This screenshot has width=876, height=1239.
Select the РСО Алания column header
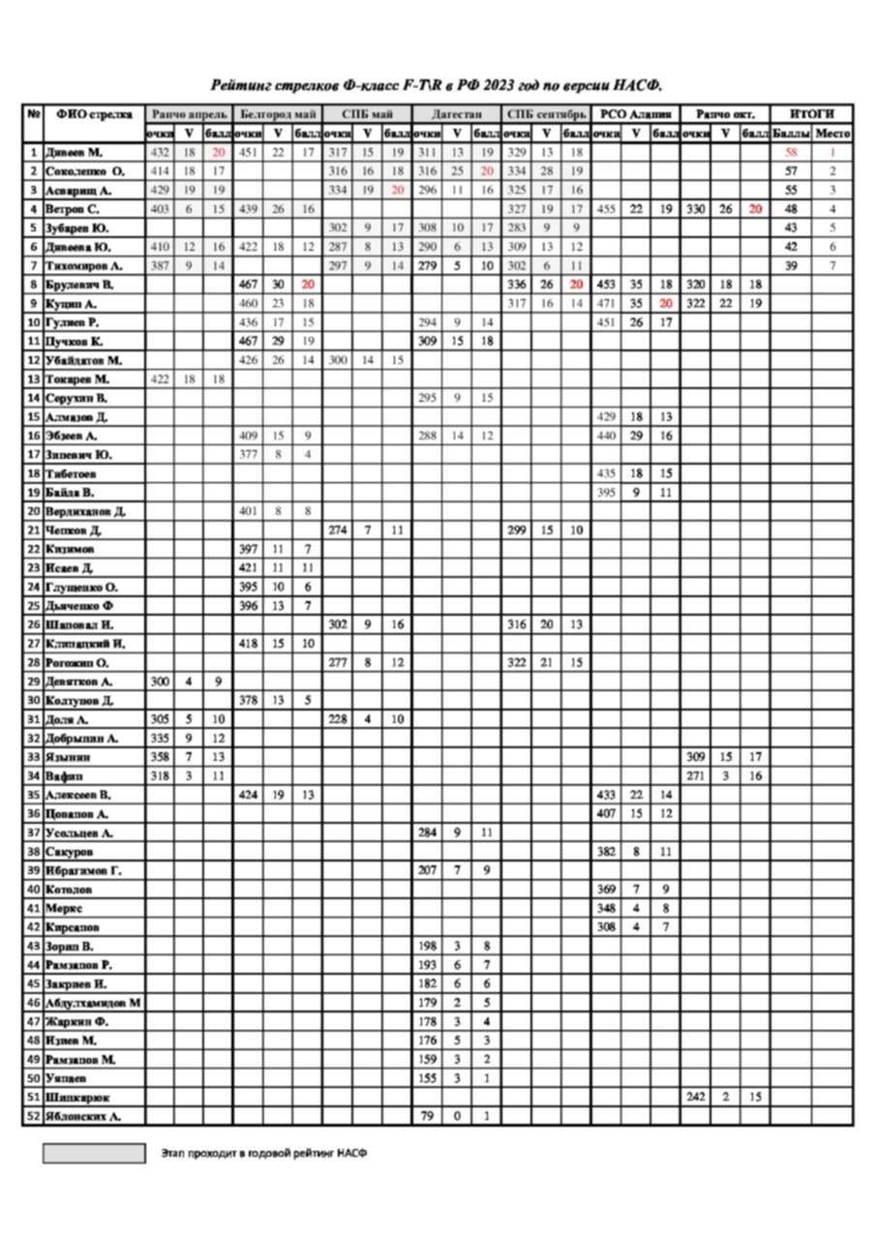pos(636,113)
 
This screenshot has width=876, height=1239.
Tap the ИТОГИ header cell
pos(811,113)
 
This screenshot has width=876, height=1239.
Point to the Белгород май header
pos(278,113)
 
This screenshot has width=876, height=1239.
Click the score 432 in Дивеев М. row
pos(160,153)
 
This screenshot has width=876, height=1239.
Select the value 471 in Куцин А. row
pos(606,303)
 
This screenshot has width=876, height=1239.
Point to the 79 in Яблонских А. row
pos(427,1116)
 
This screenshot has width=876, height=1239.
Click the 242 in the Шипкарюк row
pos(695,1097)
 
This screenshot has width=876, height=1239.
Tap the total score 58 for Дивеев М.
pos(791,153)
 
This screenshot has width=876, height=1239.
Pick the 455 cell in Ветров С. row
pos(606,209)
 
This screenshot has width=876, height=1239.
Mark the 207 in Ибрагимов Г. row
pos(427,870)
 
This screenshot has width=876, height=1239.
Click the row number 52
pos(34,1116)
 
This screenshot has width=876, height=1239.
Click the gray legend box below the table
pos(93,1154)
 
